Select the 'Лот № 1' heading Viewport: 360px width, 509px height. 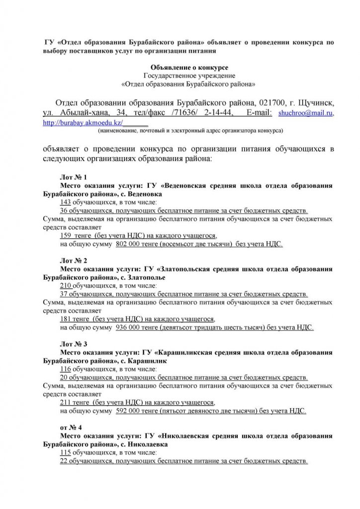pos(73,177)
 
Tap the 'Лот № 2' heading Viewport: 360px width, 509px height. pos(73,260)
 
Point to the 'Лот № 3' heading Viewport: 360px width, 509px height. pos(73,343)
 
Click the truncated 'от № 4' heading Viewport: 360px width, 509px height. pos(71,427)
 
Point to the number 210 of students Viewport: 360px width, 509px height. pos(66,286)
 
